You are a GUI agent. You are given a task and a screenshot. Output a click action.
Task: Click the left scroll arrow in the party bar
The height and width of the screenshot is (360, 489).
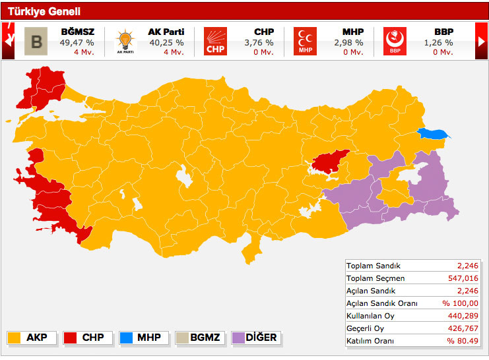[x=9, y=41]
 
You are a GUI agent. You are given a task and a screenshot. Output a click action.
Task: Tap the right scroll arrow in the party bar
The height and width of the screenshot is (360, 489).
[x=481, y=41]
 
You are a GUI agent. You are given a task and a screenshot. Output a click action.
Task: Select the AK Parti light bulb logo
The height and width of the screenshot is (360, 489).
[x=124, y=41]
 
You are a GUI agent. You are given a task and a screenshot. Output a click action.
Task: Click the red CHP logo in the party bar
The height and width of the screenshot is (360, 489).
[x=214, y=41]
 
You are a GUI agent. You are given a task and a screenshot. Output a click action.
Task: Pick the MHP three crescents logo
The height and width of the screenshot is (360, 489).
[x=305, y=41]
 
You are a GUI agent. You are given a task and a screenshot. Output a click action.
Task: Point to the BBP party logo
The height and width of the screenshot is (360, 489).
[x=395, y=41]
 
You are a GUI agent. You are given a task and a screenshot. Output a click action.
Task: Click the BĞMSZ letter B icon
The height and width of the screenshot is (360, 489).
[x=36, y=41]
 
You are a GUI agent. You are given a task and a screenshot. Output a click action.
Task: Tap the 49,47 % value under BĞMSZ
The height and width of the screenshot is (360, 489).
[x=77, y=42]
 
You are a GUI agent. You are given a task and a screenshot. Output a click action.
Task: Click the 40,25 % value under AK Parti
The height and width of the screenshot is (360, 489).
[x=166, y=42]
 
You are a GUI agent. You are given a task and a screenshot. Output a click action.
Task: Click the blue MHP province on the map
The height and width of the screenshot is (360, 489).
[x=432, y=134]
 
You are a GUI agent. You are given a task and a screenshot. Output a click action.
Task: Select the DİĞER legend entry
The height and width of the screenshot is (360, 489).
[x=255, y=338]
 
